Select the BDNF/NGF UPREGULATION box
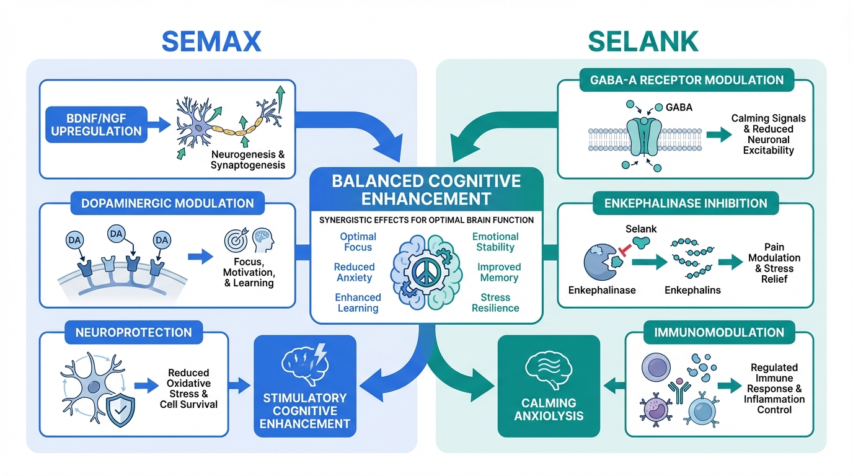coord(96,124)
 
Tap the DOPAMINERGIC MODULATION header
coord(167,203)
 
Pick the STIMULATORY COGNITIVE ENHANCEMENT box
coord(304,387)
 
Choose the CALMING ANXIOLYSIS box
coord(549,387)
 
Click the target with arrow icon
coord(235,241)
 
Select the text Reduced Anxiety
coord(354,272)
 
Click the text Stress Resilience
coord(495,302)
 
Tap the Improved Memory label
coord(498,272)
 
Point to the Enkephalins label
coord(692,290)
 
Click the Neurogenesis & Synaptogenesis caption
coord(248,159)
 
